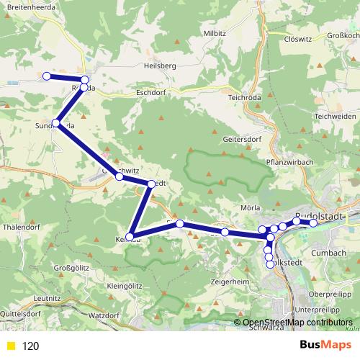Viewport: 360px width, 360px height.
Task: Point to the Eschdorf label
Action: click(151, 92)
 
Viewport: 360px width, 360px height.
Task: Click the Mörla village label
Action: click(250, 207)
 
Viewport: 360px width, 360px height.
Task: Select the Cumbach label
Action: click(329, 252)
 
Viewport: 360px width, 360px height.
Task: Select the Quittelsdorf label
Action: click(19, 314)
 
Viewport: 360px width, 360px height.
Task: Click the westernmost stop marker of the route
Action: click(47, 76)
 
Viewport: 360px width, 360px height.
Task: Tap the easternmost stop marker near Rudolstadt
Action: click(313, 223)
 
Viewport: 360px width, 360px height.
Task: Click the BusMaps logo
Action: click(325, 345)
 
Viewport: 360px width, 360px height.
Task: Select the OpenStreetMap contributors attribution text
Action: click(297, 323)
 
